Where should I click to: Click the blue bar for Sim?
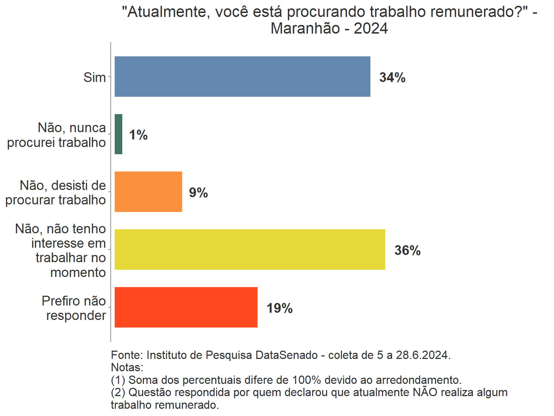click(242, 77)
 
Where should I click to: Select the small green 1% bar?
click(118, 134)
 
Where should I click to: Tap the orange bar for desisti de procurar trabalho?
click(148, 192)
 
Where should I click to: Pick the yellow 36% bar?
click(250, 250)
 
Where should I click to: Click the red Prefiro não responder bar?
click(186, 307)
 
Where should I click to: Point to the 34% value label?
click(392, 78)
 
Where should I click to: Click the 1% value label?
click(138, 135)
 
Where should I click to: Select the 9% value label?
click(198, 193)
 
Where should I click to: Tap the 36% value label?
click(407, 251)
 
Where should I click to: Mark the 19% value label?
click(280, 308)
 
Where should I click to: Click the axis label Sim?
click(94, 77)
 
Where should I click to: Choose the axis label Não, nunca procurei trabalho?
click(57, 135)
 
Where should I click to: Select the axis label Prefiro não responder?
click(74, 308)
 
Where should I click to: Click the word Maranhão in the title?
click(305, 29)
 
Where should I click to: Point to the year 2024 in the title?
click(370, 29)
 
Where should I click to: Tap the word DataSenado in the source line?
click(286, 355)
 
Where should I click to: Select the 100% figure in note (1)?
click(306, 380)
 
